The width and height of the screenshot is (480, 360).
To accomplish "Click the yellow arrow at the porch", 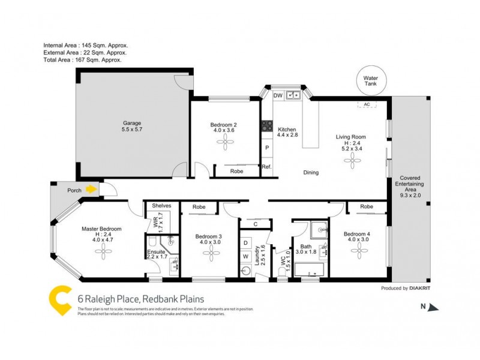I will tap(91, 190).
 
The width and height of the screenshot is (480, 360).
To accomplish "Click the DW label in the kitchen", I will tap(278, 95).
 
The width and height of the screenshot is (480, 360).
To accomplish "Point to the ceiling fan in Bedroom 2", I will tap(226, 142).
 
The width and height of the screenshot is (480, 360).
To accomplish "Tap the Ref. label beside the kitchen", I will tap(267, 167).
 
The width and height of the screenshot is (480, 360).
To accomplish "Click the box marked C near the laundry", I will tap(255, 224).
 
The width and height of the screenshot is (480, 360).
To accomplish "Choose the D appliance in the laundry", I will tap(245, 242).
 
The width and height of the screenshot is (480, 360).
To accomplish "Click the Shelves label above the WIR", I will tap(161, 206).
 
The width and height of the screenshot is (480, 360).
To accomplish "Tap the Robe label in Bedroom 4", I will tap(366, 206).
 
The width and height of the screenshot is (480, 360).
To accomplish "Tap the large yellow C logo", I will tap(59, 300).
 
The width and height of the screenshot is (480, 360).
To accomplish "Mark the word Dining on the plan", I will tap(311, 173).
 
